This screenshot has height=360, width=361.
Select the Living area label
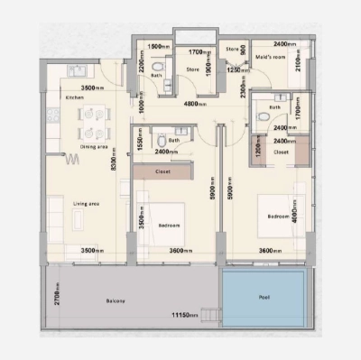point(86,204)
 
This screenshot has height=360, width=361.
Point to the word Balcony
point(114,300)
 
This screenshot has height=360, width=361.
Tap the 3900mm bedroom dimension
point(142,217)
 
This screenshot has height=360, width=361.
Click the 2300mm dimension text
point(245,88)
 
